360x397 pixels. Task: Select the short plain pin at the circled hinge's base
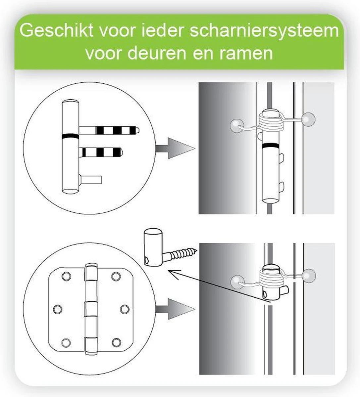(x=91, y=180)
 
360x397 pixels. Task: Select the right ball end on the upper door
(x=309, y=119)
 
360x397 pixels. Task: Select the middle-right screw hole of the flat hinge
(x=124, y=309)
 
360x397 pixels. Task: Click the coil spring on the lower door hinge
(x=272, y=278)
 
